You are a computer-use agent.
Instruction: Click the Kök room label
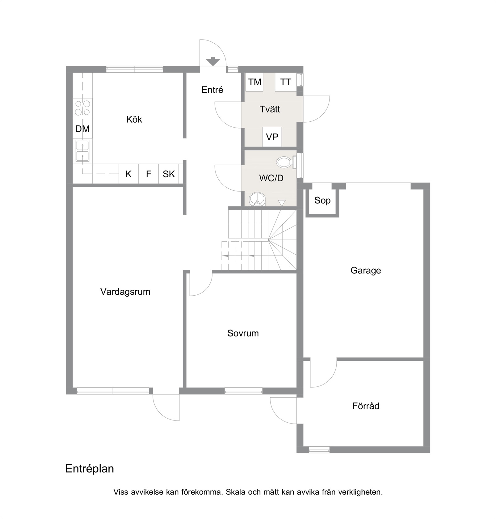(x=134, y=120)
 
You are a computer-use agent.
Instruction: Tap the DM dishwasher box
(x=82, y=129)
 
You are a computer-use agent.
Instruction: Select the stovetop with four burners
(x=82, y=108)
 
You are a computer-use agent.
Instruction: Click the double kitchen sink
(x=82, y=151)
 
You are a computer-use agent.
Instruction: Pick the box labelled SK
(x=169, y=174)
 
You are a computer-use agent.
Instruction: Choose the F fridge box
(x=149, y=174)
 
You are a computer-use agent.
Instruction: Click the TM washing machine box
(x=254, y=82)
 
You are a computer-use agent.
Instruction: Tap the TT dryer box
(x=286, y=82)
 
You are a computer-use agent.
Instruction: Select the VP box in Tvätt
(x=272, y=137)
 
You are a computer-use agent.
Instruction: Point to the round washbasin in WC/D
(x=257, y=199)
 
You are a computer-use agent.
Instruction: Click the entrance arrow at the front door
(x=212, y=61)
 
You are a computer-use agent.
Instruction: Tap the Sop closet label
(x=322, y=200)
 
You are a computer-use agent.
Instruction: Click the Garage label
(x=366, y=271)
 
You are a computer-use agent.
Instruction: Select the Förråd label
(x=366, y=406)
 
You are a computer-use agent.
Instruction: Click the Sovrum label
(x=243, y=333)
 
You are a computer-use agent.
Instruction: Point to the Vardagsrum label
(x=125, y=292)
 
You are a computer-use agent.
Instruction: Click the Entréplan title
(x=90, y=469)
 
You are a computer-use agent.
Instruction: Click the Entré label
(x=212, y=90)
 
